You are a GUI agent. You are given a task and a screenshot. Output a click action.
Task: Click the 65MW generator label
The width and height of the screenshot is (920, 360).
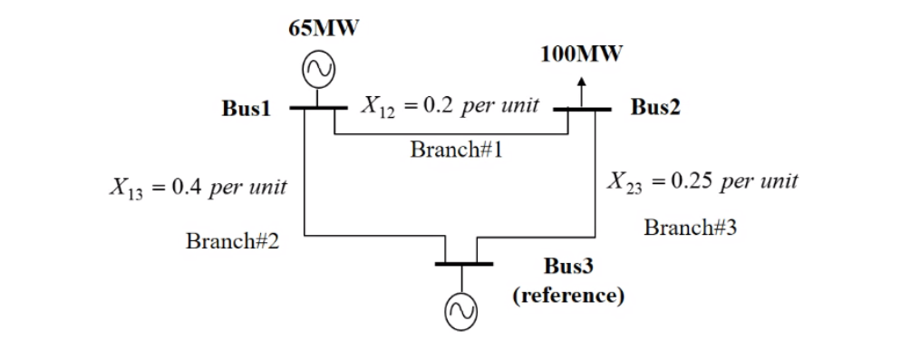324,28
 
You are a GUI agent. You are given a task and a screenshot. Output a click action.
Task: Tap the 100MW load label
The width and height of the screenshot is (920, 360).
581,54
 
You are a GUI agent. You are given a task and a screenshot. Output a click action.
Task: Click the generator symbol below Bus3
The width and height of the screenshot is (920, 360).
460,313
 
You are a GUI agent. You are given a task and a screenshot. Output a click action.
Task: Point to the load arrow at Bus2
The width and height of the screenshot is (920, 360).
582,91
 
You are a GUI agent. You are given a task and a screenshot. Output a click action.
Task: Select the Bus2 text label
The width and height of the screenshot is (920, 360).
655,107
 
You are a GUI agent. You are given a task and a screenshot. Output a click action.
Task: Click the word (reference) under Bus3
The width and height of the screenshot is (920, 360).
568,297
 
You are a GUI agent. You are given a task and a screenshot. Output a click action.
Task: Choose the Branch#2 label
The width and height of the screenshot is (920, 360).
232,241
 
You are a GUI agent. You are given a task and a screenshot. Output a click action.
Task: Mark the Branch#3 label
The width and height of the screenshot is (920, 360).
690,227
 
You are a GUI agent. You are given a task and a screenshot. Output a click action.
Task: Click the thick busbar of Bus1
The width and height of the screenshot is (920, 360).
318,108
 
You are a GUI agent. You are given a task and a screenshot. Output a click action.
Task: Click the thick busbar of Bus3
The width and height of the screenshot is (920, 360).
463,264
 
